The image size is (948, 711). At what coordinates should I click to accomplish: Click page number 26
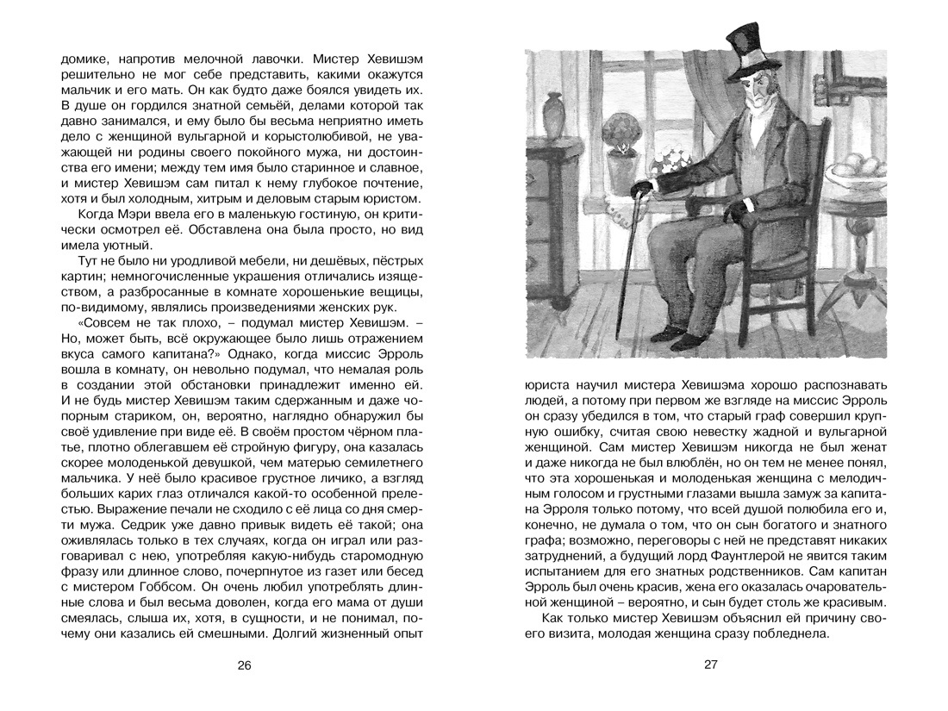tap(244, 664)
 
